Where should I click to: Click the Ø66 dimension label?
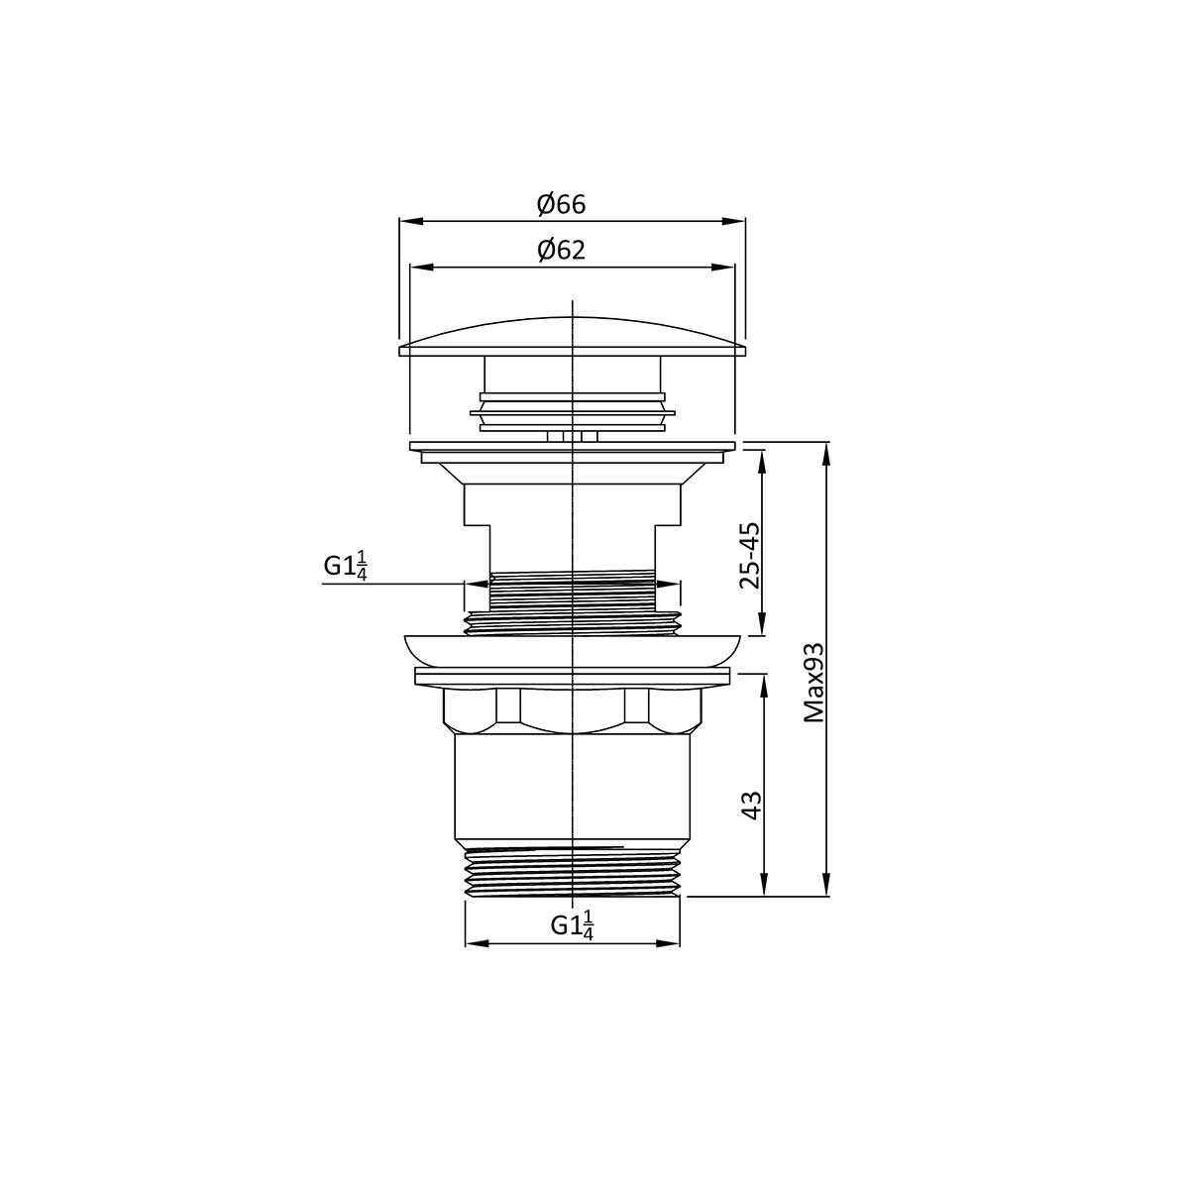(x=562, y=205)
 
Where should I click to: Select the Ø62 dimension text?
(x=562, y=251)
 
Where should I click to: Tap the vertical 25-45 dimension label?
(x=750, y=556)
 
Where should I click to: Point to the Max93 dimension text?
(x=814, y=682)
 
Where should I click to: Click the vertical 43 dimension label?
(x=752, y=805)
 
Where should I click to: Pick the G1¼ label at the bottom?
(x=572, y=925)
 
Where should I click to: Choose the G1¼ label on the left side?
(x=346, y=566)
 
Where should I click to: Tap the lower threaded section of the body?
(x=572, y=872)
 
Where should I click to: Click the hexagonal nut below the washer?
(x=572, y=707)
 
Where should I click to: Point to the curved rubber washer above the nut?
(x=572, y=649)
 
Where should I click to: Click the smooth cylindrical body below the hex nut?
(x=572, y=788)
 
